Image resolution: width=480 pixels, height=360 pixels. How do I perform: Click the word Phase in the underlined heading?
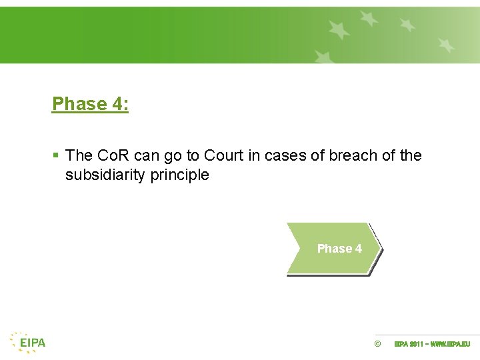[79, 104]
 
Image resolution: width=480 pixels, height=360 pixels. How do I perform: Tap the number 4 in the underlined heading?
[119, 104]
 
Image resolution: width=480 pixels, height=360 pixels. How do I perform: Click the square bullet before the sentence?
[56, 156]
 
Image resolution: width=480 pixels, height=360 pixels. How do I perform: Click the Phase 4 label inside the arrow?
[339, 249]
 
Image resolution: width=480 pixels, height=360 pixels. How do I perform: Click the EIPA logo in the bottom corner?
[28, 343]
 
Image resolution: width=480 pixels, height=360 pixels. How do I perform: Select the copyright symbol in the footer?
[377, 344]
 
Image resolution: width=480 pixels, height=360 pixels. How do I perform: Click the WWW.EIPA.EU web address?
[451, 344]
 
